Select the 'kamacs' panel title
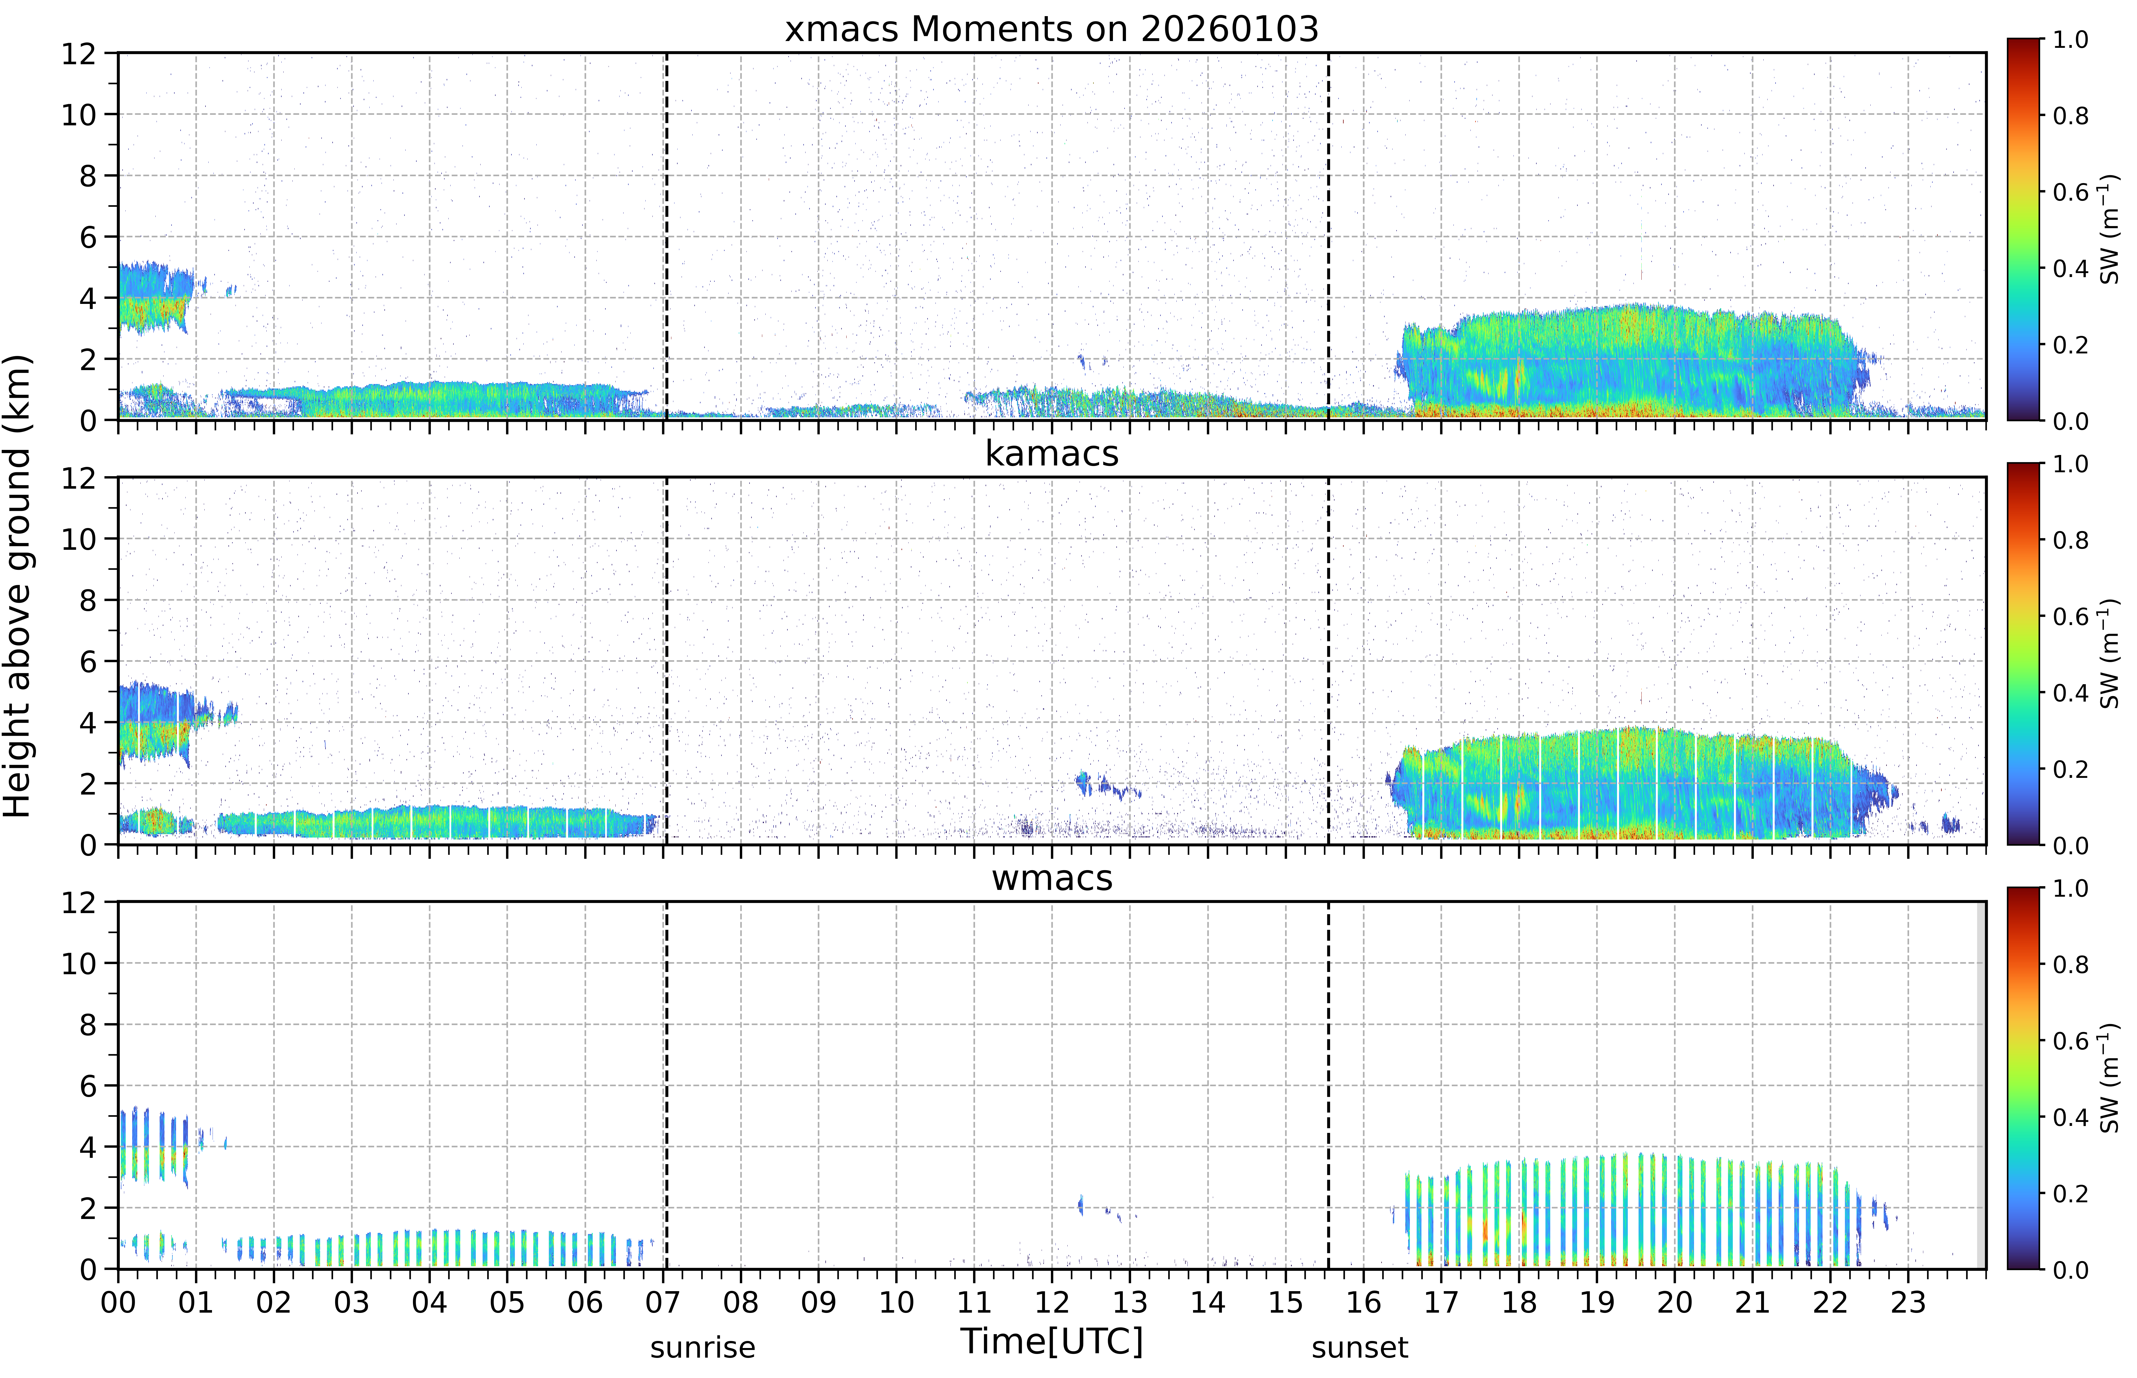(1052, 454)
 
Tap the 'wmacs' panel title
(1052, 878)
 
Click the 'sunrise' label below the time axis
(703, 1347)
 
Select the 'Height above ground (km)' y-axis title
(18, 586)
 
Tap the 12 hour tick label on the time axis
(1052, 1302)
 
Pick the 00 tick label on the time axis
(118, 1302)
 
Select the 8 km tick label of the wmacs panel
(88, 1025)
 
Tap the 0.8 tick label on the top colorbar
(2070, 115)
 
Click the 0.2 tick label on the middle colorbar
(2070, 769)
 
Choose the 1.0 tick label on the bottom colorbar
(2070, 888)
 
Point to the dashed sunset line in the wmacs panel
(1328, 1085)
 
